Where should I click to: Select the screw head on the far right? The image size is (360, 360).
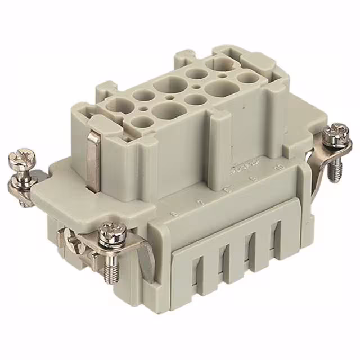[337, 133]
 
